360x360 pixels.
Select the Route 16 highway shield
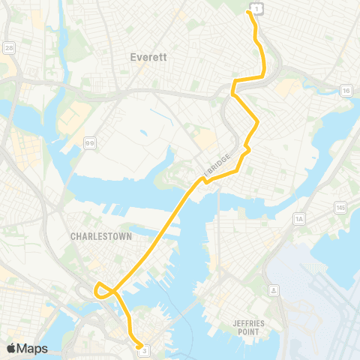click(345, 90)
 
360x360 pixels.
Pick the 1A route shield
click(299, 218)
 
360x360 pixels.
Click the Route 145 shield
click(342, 206)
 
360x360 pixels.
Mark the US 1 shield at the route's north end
click(257, 8)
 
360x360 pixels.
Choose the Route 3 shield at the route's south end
click(145, 349)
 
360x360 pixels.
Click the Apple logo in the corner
click(11, 348)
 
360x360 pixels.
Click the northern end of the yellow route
click(248, 12)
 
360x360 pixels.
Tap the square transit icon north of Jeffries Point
click(274, 289)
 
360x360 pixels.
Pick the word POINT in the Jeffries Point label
click(245, 331)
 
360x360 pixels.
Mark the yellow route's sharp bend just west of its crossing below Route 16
click(234, 82)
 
